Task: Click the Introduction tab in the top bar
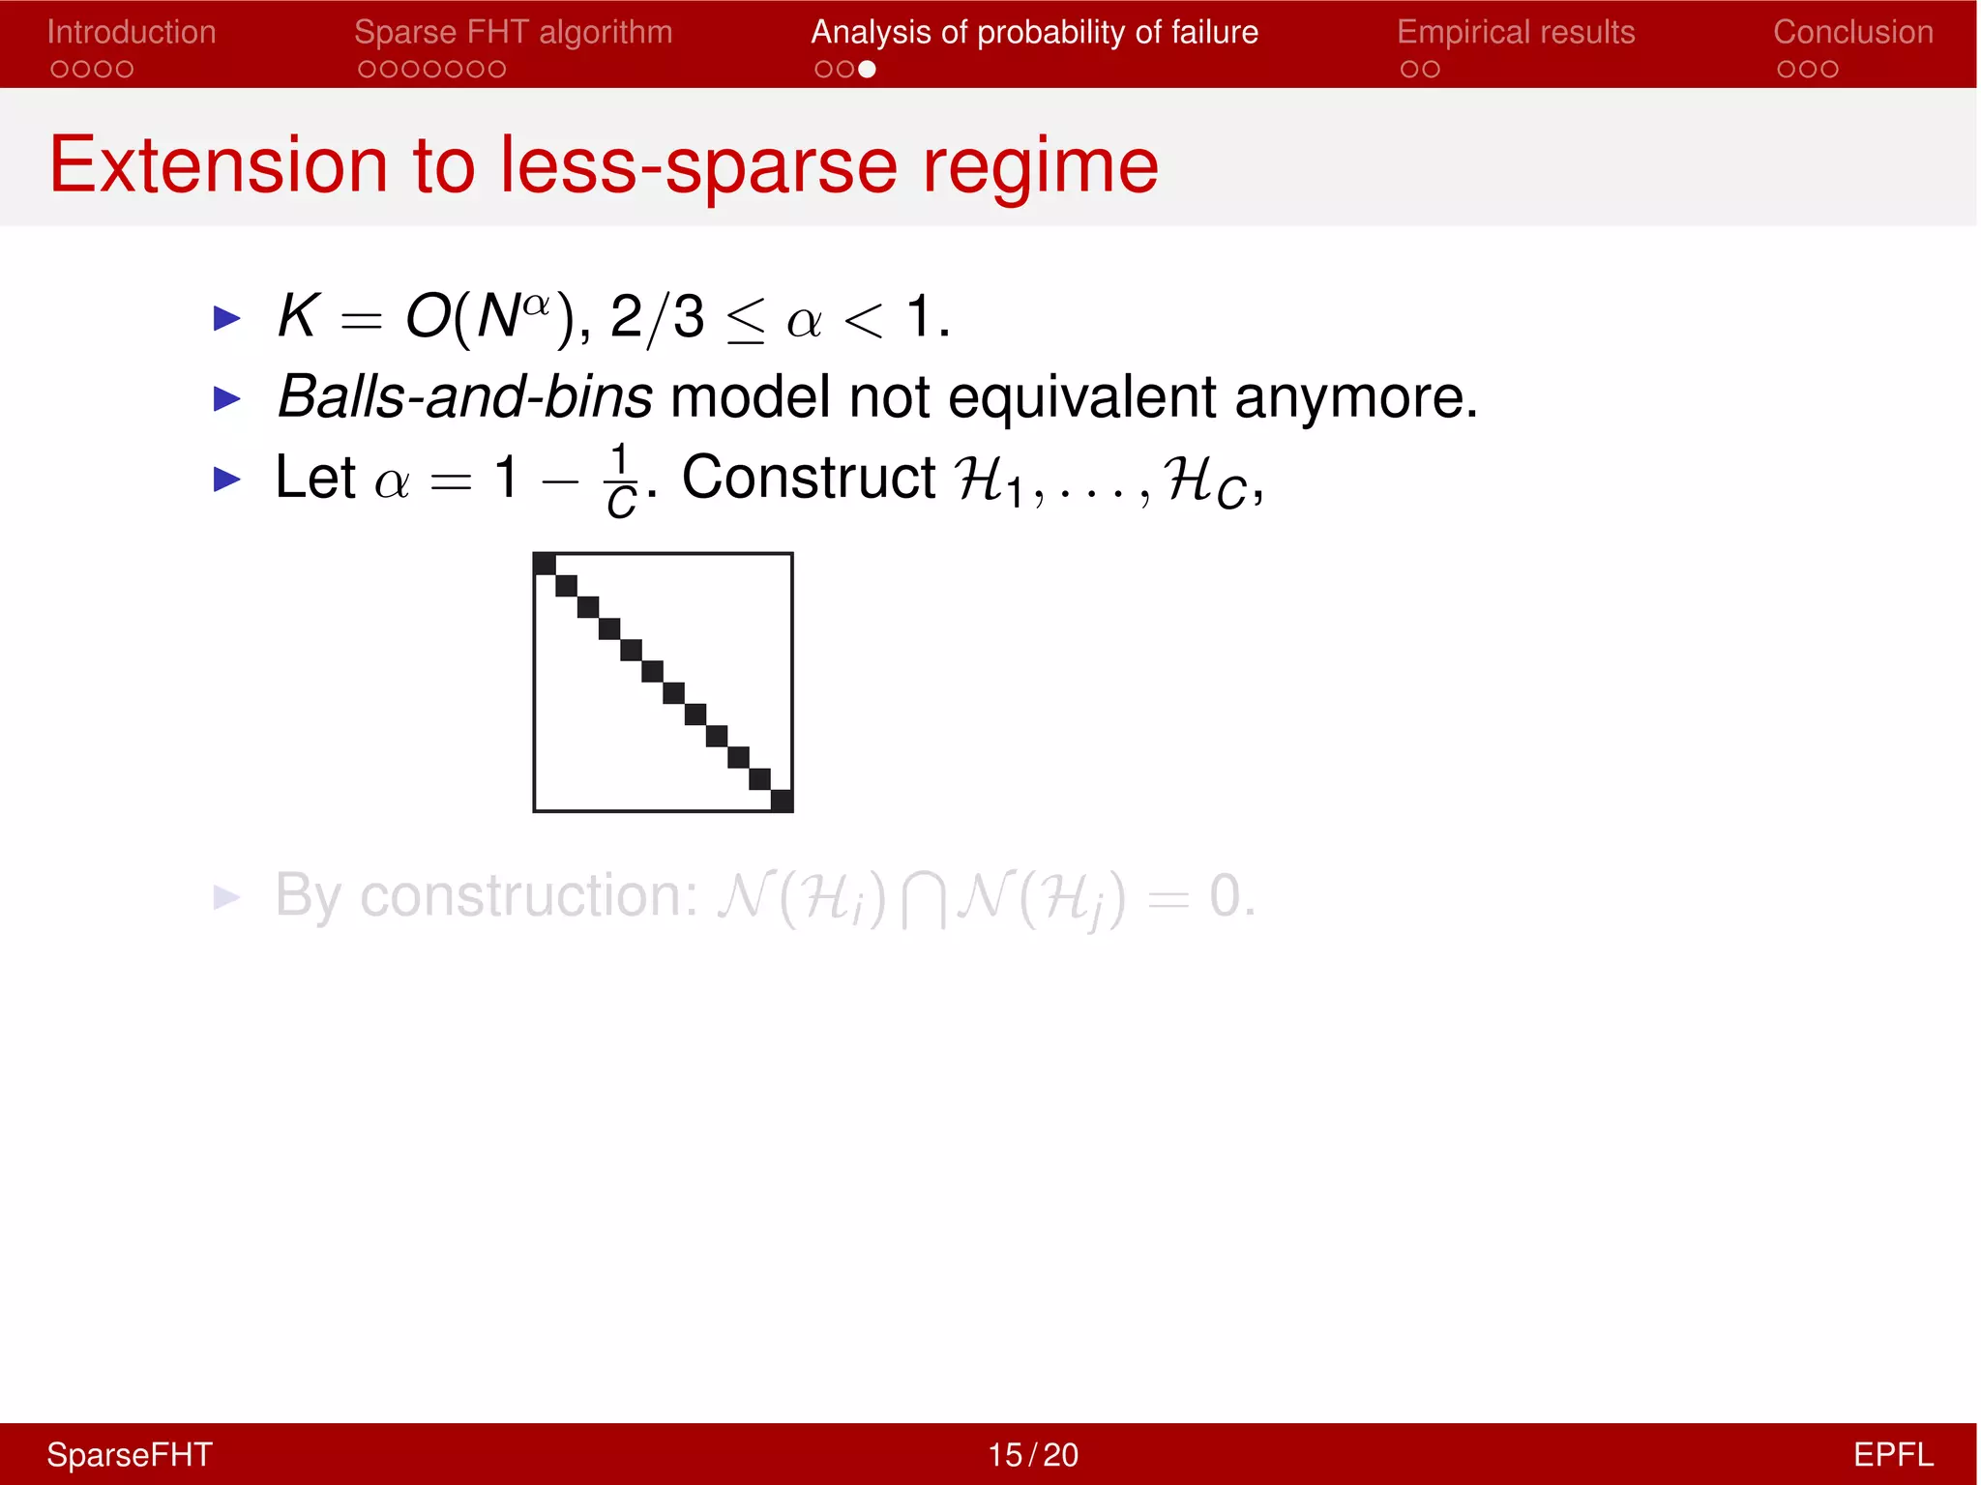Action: pyautogui.click(x=132, y=32)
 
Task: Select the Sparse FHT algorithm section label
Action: pyautogui.click(x=513, y=32)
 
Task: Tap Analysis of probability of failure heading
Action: pyautogui.click(x=1034, y=32)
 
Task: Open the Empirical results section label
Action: pyautogui.click(x=1516, y=32)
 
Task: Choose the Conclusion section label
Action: pyautogui.click(x=1852, y=32)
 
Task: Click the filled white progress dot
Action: pyautogui.click(x=867, y=69)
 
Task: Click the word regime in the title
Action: pyautogui.click(x=1040, y=166)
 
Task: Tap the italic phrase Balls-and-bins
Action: pyautogui.click(x=464, y=396)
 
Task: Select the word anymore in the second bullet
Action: pyautogui.click(x=1354, y=397)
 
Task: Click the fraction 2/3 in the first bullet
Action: pyautogui.click(x=658, y=317)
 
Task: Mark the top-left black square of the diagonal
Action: pyautogui.click(x=545, y=564)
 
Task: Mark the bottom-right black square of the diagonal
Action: pyautogui.click(x=782, y=801)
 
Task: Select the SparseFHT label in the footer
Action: pyautogui.click(x=130, y=1454)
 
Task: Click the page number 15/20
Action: pyautogui.click(x=1032, y=1454)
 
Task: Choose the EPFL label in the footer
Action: pyautogui.click(x=1892, y=1454)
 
